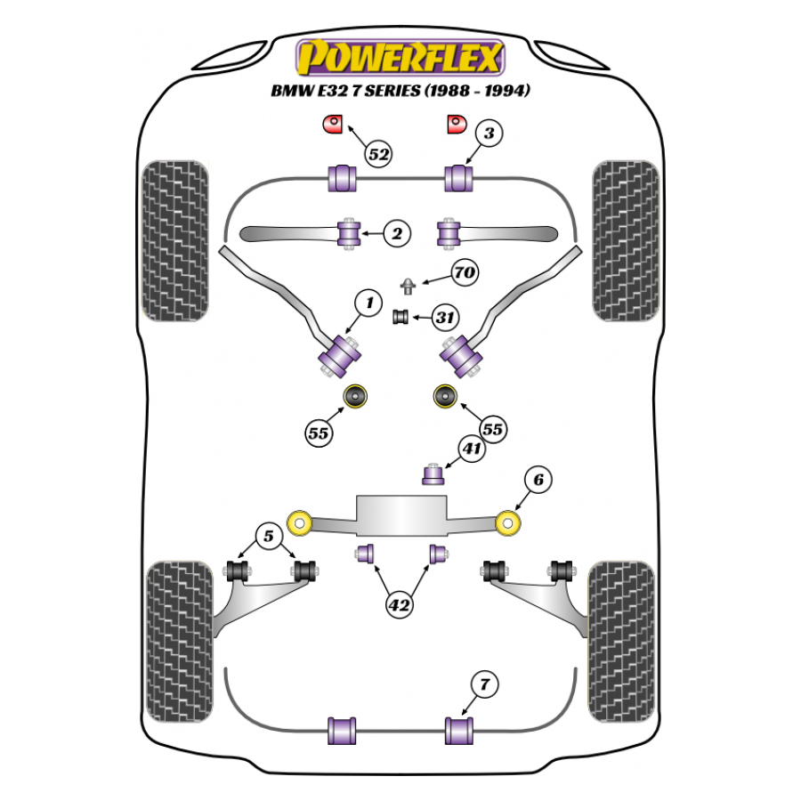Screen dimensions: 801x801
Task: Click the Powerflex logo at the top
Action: (400, 58)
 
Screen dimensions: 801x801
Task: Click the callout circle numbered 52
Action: (378, 155)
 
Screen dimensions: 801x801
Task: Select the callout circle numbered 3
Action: (489, 134)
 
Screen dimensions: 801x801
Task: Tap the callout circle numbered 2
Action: (397, 235)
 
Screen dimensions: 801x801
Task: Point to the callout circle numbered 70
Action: (463, 273)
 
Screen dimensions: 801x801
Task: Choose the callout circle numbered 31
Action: (445, 316)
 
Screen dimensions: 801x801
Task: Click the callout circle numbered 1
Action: (367, 304)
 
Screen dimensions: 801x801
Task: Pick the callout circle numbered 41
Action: (472, 449)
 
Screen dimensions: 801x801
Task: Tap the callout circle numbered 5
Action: (267, 536)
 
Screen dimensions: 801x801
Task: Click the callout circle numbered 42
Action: (400, 604)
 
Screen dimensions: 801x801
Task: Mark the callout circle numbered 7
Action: (484, 685)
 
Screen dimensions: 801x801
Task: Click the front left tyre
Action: (175, 240)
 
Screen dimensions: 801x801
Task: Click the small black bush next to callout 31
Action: (400, 316)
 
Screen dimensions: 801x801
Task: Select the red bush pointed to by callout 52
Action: (333, 124)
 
